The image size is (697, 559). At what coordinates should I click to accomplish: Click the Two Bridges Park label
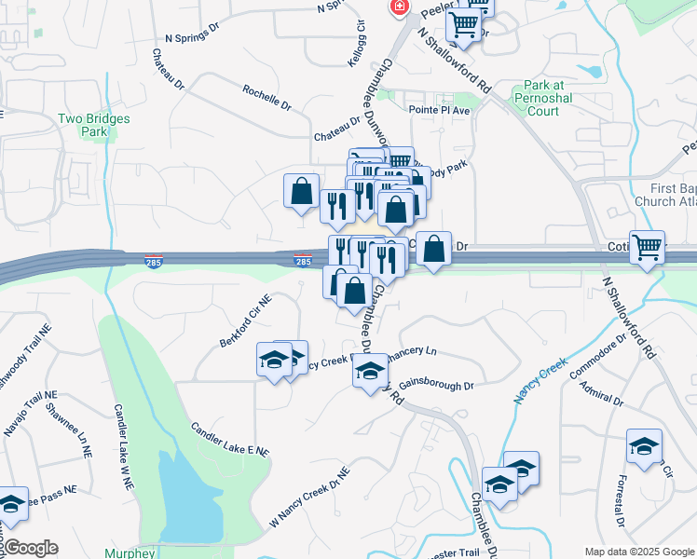93,125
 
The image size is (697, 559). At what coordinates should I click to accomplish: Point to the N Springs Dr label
191,33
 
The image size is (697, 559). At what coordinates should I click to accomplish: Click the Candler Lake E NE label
229,439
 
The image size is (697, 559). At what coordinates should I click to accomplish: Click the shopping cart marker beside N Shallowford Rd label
463,25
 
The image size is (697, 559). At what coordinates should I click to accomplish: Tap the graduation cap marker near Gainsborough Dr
369,371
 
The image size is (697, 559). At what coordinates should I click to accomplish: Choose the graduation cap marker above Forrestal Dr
644,446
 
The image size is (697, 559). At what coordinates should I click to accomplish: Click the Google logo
30,548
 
